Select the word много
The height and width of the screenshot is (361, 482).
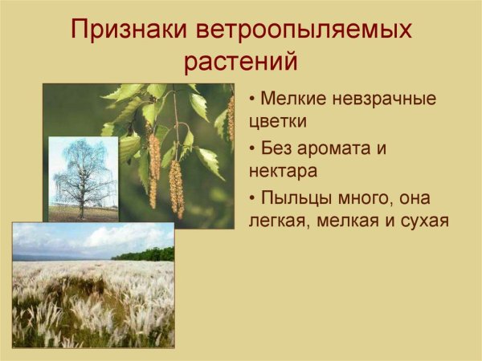(x=370, y=198)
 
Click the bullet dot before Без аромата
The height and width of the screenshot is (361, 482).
(x=254, y=149)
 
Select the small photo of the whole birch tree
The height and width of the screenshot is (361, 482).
(x=83, y=178)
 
